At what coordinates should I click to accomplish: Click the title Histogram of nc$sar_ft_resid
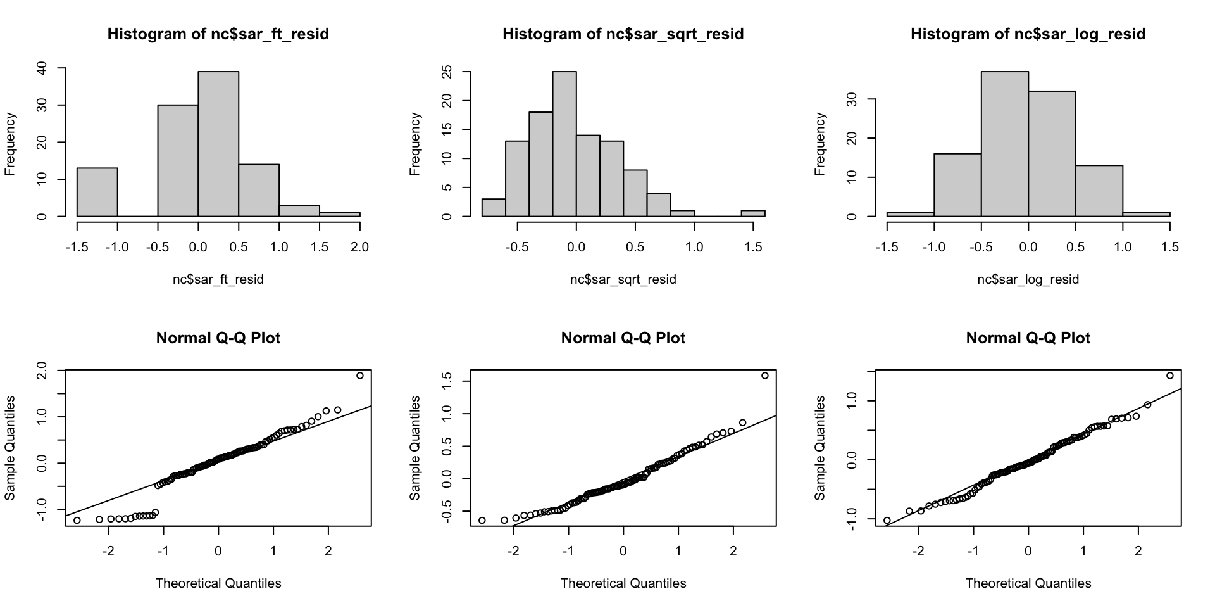coord(218,34)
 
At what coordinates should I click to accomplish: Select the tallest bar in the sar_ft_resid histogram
coord(218,144)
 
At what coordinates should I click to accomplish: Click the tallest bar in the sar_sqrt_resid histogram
coord(564,144)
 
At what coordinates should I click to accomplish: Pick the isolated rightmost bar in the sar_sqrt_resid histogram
coord(753,213)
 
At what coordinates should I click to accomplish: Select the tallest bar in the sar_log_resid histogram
coord(1004,144)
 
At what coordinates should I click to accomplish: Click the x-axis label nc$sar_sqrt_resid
coord(623,279)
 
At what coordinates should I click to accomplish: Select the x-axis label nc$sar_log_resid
coord(1028,279)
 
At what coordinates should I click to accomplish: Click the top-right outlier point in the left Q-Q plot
coord(360,376)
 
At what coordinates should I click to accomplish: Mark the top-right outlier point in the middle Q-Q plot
coord(764,376)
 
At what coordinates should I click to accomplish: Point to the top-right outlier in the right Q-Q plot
coord(1169,376)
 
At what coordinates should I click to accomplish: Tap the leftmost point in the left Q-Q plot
coord(77,521)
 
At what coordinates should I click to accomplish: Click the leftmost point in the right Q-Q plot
coord(887,521)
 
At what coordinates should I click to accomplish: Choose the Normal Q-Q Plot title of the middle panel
coord(623,338)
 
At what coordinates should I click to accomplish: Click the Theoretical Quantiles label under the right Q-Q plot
coord(1028,583)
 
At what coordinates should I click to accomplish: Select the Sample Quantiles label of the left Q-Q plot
coord(10,448)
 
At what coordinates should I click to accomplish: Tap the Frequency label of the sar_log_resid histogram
coord(820,144)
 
